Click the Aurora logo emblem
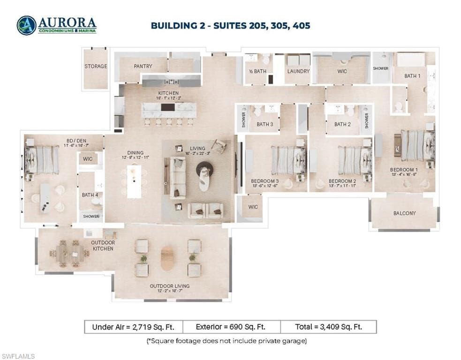pyautogui.click(x=26, y=25)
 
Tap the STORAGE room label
pyautogui.click(x=96, y=67)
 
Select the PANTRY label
pyautogui.click(x=143, y=67)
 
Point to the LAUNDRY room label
pyautogui.click(x=298, y=71)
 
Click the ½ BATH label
pyautogui.click(x=257, y=71)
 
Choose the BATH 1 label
pyautogui.click(x=413, y=76)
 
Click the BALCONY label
pyautogui.click(x=404, y=213)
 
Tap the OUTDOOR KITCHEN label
pyautogui.click(x=103, y=246)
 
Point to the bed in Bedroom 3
pyautogui.click(x=289, y=160)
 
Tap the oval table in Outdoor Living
pyautogui.click(x=167, y=258)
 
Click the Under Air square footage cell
pyautogui.click(x=133, y=327)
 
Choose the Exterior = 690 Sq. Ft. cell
pyautogui.click(x=231, y=327)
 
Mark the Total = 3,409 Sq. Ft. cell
pyautogui.click(x=328, y=327)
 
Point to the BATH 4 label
pyautogui.click(x=88, y=195)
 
